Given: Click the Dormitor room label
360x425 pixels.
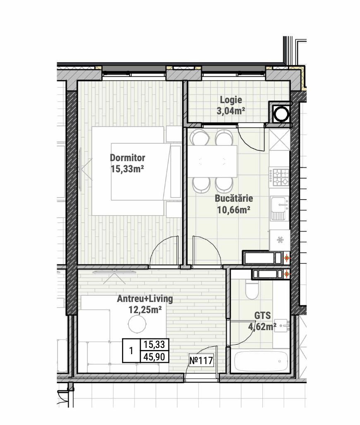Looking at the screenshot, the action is click(127, 158).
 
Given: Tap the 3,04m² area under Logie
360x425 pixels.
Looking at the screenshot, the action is click(231, 111).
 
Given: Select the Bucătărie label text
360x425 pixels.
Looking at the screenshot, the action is click(234, 198).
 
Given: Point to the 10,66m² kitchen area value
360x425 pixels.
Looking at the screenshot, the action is click(233, 210).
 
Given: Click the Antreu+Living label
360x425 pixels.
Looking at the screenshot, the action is click(145, 299).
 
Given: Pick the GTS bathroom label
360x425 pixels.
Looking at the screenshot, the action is click(262, 316).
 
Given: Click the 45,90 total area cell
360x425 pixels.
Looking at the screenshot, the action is click(155, 357).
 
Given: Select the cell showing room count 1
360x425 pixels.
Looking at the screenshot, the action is click(131, 351).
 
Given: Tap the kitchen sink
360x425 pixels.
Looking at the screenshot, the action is click(279, 208).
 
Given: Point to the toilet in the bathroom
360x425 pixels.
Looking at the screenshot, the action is click(252, 290).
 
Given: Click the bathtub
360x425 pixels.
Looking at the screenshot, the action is click(261, 361).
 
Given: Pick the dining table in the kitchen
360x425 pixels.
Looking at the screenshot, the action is click(213, 161).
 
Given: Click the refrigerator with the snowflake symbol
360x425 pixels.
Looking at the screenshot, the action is click(280, 240).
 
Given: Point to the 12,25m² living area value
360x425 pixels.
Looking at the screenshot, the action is click(145, 309).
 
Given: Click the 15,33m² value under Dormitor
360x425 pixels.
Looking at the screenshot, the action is click(127, 169).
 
